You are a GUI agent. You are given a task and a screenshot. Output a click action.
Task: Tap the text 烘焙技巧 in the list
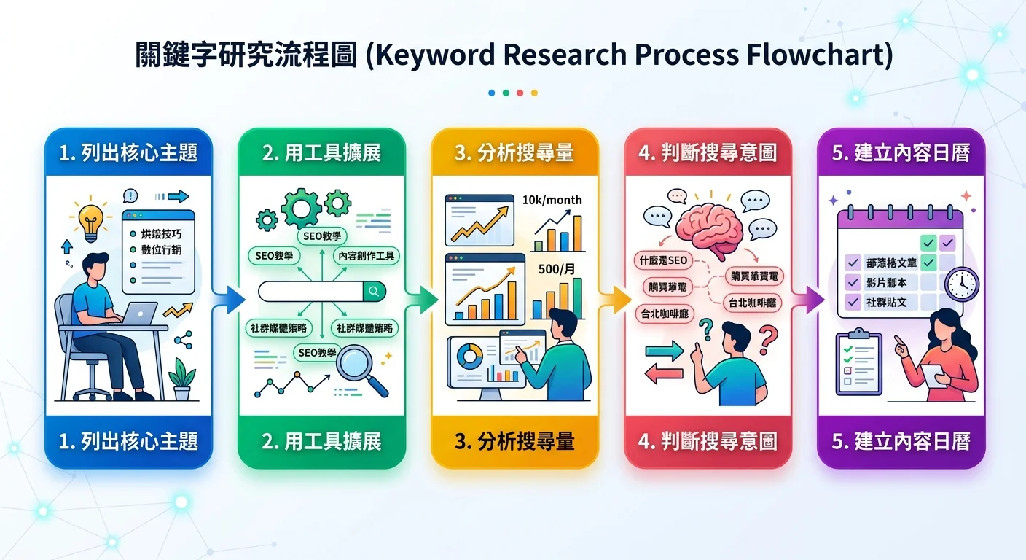(x=161, y=234)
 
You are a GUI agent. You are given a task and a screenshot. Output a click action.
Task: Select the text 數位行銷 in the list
(x=161, y=250)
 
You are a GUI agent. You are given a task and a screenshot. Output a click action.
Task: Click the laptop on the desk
(x=139, y=315)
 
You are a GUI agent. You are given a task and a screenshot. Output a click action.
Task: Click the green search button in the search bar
(x=374, y=292)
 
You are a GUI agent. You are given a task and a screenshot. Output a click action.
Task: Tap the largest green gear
(x=301, y=206)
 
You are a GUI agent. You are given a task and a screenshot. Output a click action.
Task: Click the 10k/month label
(x=552, y=201)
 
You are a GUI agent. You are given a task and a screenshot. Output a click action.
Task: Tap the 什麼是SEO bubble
(x=662, y=260)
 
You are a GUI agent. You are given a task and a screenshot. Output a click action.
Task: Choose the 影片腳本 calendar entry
(x=886, y=282)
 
